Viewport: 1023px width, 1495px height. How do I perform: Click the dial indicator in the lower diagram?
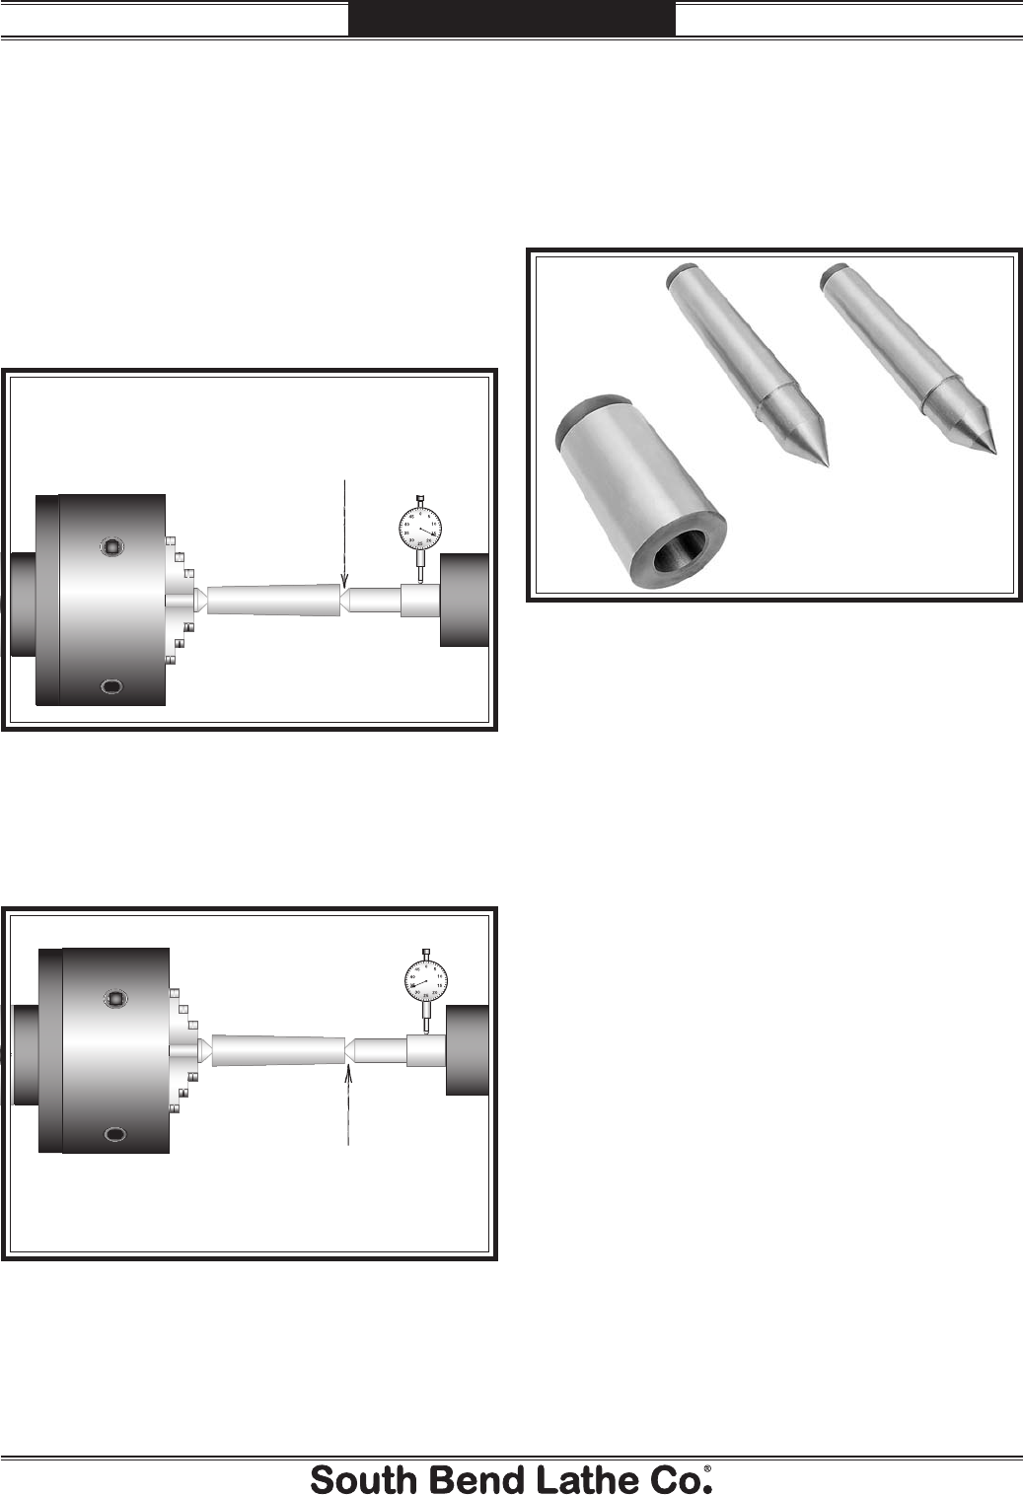426,982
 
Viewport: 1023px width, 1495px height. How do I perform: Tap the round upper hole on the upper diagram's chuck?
111,545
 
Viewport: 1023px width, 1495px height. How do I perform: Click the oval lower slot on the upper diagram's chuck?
112,686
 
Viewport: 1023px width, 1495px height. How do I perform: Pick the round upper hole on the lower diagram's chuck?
115,999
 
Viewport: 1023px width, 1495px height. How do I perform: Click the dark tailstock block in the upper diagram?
465,600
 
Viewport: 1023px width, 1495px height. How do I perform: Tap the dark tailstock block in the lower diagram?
468,1049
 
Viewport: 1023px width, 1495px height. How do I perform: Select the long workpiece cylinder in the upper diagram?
274,601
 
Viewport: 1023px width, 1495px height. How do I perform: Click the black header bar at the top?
512,18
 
